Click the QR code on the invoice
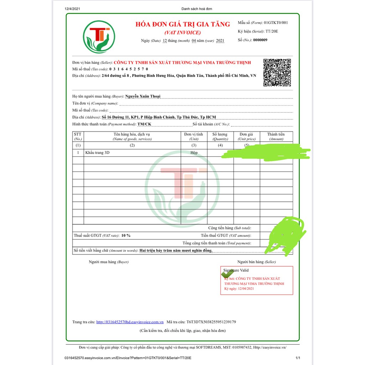click(x=277, y=72)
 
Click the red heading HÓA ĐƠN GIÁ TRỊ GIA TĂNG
click(x=182, y=24)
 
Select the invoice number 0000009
click(x=260, y=40)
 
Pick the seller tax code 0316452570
click(x=129, y=69)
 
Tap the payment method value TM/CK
click(x=144, y=124)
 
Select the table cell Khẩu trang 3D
click(x=97, y=153)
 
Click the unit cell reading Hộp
click(x=194, y=153)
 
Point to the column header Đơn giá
click(x=247, y=134)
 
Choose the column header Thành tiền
click(x=276, y=134)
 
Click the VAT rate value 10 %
click(x=126, y=236)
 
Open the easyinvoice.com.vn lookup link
click(x=130, y=322)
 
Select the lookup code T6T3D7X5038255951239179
click(x=211, y=322)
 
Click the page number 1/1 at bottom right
click(x=298, y=358)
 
